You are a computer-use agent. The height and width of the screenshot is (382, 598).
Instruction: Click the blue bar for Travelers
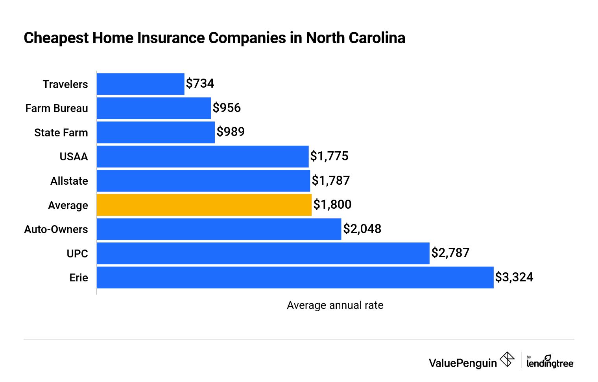(x=140, y=84)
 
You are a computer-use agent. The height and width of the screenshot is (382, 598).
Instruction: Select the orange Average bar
(x=204, y=205)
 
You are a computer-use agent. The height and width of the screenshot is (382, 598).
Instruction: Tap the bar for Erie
(x=295, y=277)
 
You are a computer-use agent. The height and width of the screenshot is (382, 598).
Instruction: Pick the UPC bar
(x=263, y=253)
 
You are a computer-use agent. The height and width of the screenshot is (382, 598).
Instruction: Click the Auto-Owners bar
(x=219, y=229)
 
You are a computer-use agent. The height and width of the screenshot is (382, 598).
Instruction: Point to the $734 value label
(x=200, y=83)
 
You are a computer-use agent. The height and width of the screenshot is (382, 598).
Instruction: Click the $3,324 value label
(x=514, y=277)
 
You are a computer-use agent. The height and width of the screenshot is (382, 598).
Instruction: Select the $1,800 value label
(x=332, y=204)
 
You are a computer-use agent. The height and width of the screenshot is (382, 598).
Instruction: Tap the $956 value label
(x=227, y=108)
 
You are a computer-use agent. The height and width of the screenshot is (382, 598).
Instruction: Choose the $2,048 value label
(x=362, y=229)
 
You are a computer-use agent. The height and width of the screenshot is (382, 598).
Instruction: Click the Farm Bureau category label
(x=57, y=108)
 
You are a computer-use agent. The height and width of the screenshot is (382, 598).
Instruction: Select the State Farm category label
(x=61, y=133)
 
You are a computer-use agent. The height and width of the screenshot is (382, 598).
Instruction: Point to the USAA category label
(x=74, y=157)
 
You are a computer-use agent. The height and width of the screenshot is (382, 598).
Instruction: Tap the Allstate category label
(x=69, y=181)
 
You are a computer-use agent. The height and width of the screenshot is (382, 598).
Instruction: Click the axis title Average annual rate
(x=335, y=305)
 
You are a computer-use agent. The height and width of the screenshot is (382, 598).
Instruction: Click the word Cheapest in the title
(x=56, y=38)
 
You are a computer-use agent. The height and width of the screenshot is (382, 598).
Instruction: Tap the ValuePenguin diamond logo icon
(x=507, y=360)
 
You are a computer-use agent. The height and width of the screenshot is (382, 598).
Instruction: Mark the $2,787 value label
(x=450, y=253)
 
